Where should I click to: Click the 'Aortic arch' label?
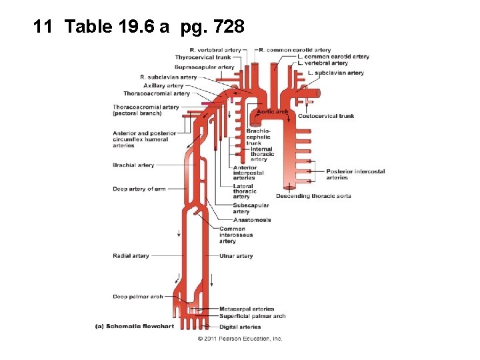point(273,111)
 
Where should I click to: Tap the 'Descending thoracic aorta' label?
point(313,196)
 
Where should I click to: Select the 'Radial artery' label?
point(131,256)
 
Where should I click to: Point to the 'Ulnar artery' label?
point(236,256)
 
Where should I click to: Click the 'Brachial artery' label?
point(133,165)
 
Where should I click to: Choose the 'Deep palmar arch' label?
point(137,297)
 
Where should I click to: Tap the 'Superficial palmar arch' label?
point(252,316)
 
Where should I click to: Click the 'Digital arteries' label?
point(240,327)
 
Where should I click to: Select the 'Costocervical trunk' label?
point(325,116)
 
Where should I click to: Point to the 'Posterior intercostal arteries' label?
point(355,175)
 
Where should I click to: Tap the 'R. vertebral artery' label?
point(215,50)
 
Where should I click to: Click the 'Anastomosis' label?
point(251,220)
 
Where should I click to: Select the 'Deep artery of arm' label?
point(139,189)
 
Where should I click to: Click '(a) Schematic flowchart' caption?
point(134,327)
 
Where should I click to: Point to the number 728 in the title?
point(231,27)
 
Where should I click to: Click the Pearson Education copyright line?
point(239,339)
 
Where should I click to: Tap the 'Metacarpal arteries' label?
point(247,309)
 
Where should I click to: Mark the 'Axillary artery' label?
point(163,85)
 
